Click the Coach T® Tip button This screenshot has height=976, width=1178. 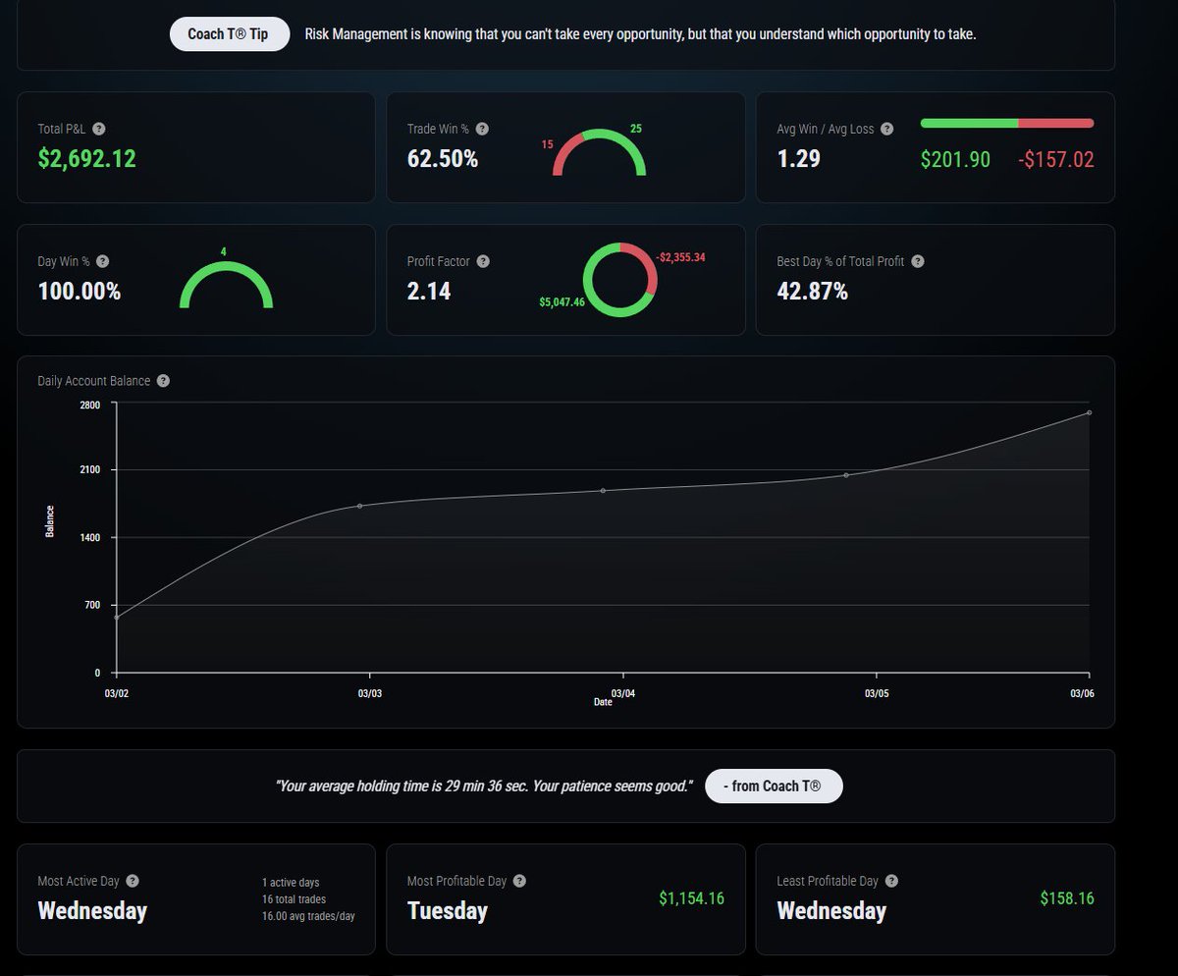pyautogui.click(x=230, y=33)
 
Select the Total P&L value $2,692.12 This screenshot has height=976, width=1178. pyautogui.click(x=87, y=159)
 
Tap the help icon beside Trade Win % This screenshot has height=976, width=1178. pyautogui.click(x=482, y=129)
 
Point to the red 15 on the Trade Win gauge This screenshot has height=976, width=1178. pyautogui.click(x=547, y=144)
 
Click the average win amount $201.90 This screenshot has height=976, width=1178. pyautogui.click(x=955, y=159)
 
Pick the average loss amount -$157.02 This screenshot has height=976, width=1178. pyautogui.click(x=1056, y=159)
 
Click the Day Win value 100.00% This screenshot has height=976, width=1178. pyautogui.click(x=79, y=292)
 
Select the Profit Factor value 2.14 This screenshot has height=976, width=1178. pyautogui.click(x=429, y=292)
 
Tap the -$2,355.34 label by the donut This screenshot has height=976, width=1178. pyautogui.click(x=680, y=257)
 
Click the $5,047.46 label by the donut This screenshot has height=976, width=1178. pyautogui.click(x=562, y=302)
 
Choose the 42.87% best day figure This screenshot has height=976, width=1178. pyautogui.click(x=812, y=292)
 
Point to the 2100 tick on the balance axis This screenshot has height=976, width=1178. pyautogui.click(x=89, y=469)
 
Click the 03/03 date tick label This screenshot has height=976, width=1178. pyautogui.click(x=369, y=693)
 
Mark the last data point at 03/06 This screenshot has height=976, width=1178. pyautogui.click(x=1090, y=412)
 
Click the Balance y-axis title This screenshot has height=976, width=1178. pyautogui.click(x=50, y=521)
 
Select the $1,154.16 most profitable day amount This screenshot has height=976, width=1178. pyautogui.click(x=692, y=898)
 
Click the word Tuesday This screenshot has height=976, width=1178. pyautogui.click(x=448, y=911)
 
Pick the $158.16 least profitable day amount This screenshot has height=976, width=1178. pyautogui.click(x=1067, y=898)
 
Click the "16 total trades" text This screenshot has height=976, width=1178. pyautogui.click(x=294, y=899)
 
